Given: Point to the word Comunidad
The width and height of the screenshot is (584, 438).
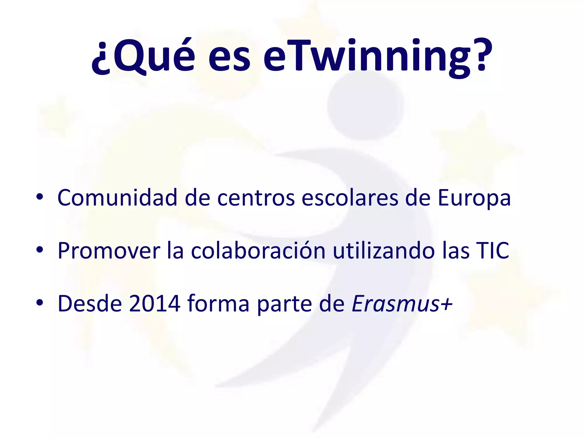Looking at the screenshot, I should point(117,197).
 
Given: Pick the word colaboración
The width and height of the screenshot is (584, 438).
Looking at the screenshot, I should point(258,250).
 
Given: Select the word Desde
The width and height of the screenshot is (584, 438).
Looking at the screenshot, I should point(90,303).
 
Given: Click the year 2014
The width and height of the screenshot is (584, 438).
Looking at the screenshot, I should point(154,303).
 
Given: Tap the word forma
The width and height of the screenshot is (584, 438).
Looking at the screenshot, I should point(218,303).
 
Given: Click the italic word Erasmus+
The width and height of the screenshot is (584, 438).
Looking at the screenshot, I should point(402,303).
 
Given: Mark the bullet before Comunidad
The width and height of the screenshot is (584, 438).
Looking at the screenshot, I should point(40,197).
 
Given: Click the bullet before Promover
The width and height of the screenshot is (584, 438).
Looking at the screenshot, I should point(40,250).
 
